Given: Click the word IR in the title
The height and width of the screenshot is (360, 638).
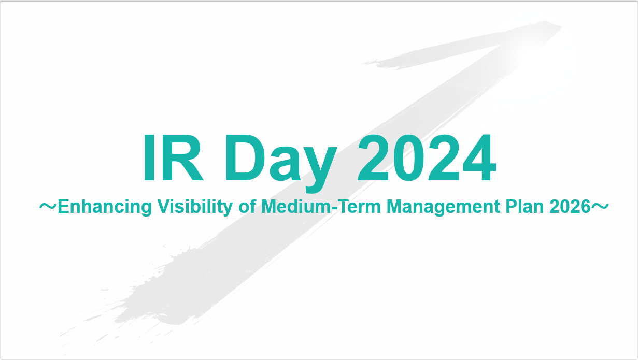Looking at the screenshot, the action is (174, 157).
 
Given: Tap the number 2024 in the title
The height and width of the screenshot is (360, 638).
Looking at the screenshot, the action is (427, 157).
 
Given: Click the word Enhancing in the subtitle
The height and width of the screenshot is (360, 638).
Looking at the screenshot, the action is (105, 207).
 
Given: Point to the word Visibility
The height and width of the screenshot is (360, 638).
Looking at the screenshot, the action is (195, 207).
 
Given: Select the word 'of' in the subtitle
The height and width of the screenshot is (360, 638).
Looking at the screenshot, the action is (247, 206).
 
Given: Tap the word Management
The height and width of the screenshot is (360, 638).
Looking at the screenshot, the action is (443, 207).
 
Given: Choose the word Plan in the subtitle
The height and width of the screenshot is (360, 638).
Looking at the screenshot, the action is (524, 206).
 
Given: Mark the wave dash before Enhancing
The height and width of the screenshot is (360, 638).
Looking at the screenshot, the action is (48, 206).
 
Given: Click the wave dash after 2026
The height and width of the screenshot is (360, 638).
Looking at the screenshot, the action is (600, 206).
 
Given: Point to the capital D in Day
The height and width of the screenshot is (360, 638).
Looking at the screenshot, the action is (246, 157).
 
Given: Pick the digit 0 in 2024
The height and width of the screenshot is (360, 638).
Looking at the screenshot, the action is (409, 157).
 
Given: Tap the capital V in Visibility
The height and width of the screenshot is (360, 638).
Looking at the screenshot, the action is (165, 206).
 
